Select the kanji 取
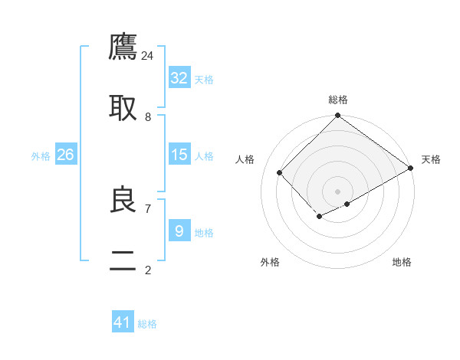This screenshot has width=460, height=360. [123, 108]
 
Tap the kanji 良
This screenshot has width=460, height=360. [123, 199]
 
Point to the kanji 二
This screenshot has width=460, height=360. [123, 260]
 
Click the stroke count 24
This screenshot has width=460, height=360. [148, 55]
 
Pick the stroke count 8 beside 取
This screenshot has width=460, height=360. [148, 116]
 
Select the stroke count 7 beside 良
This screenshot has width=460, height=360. [148, 208]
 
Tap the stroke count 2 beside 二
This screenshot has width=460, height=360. [148, 270]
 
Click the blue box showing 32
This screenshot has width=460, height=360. [179, 78]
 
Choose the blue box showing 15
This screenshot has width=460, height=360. [179, 155]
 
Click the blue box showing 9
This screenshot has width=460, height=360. [179, 231]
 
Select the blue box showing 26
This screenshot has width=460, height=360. [65, 155]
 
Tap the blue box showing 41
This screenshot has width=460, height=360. [123, 322]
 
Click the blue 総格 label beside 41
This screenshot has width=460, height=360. [147, 324]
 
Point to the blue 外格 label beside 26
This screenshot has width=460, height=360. [41, 156]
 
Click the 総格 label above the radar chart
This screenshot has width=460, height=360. [338, 100]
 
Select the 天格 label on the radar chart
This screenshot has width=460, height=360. [431, 159]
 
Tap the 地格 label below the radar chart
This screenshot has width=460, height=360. [402, 262]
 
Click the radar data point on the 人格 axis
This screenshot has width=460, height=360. [280, 172]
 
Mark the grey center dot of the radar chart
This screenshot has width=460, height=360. [338, 191]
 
